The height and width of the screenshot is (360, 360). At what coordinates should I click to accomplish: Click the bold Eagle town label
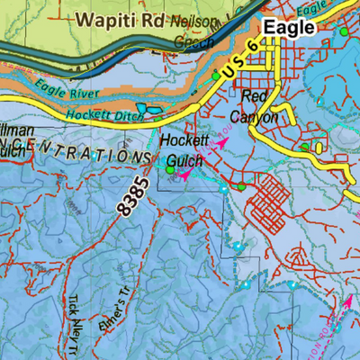pyautogui.click(x=289, y=27)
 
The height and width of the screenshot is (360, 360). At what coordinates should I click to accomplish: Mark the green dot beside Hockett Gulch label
pyautogui.click(x=169, y=168)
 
